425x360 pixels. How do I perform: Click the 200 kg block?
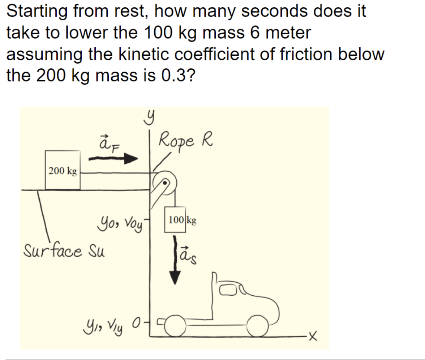[x=63, y=170]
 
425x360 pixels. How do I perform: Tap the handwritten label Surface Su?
[x=64, y=249]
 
